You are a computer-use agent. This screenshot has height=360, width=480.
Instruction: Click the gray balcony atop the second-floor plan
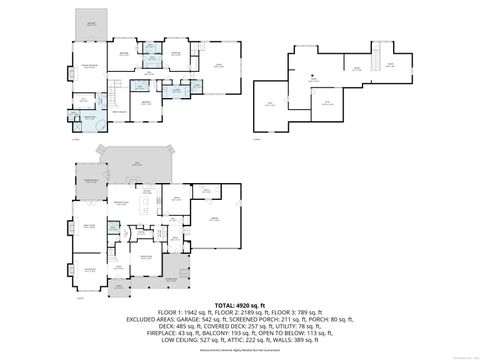[x=91, y=23]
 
